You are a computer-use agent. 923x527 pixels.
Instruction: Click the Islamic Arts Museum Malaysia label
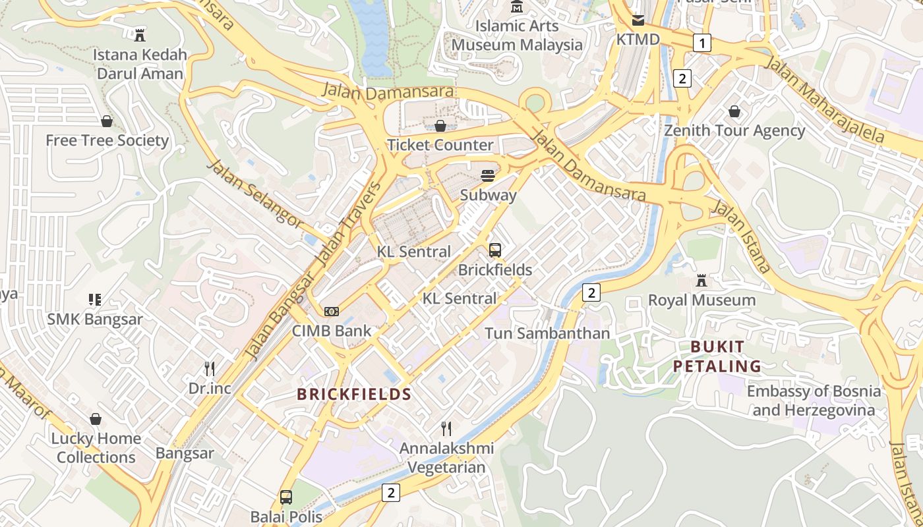(x=518, y=36)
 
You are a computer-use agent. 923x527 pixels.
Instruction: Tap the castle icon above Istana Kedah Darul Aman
(x=140, y=34)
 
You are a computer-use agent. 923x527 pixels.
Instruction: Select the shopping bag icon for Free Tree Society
(x=107, y=121)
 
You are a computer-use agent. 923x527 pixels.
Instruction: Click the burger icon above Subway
(x=488, y=175)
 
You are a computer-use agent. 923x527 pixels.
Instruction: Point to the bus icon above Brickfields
(x=495, y=250)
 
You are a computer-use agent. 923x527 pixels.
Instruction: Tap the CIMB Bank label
(x=332, y=331)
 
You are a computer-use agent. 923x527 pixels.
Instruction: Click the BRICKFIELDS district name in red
(x=354, y=395)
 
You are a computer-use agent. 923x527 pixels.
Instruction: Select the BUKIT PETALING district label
(x=717, y=356)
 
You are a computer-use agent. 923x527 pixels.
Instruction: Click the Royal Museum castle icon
(x=701, y=281)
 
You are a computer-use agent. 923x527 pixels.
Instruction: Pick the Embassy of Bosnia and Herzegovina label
(x=814, y=401)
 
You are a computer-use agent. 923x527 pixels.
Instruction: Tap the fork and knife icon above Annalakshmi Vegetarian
(x=446, y=429)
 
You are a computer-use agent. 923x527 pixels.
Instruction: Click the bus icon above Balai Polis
(x=286, y=497)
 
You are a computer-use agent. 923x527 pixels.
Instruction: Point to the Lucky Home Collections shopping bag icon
(x=96, y=419)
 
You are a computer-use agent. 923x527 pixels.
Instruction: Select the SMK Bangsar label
(x=95, y=319)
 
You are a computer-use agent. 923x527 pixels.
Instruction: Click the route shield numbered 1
(x=702, y=43)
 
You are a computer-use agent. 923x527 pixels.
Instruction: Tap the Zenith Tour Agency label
(x=734, y=130)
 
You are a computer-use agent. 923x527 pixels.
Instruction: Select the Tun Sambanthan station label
(x=547, y=333)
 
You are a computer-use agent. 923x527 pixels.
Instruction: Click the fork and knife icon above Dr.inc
(x=210, y=368)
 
